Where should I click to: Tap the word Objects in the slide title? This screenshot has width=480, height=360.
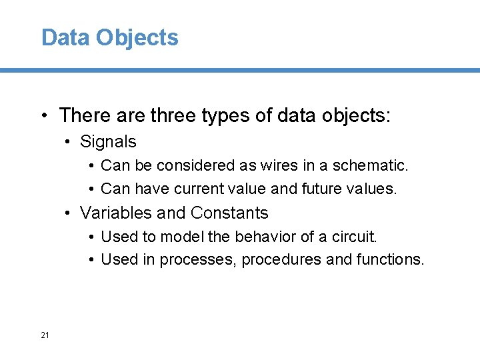[x=137, y=37]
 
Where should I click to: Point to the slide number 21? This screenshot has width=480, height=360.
[x=45, y=335]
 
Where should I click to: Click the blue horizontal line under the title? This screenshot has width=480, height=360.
[x=240, y=70]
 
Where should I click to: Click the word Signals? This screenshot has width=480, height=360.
[x=107, y=141]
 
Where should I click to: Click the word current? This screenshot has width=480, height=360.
[x=195, y=189]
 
